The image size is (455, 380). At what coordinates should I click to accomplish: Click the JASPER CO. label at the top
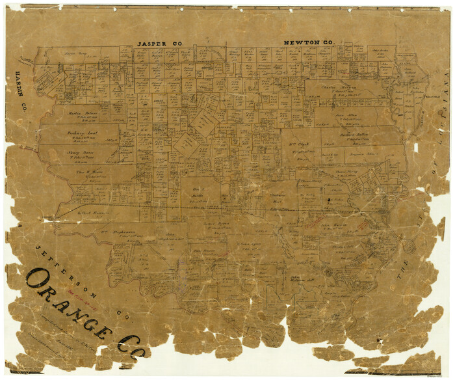tap(159, 44)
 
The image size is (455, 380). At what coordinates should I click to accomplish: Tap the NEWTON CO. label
tap(309, 43)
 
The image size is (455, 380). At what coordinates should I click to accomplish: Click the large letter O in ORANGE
tap(39, 280)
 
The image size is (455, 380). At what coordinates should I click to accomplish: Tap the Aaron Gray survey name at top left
tap(75, 53)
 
